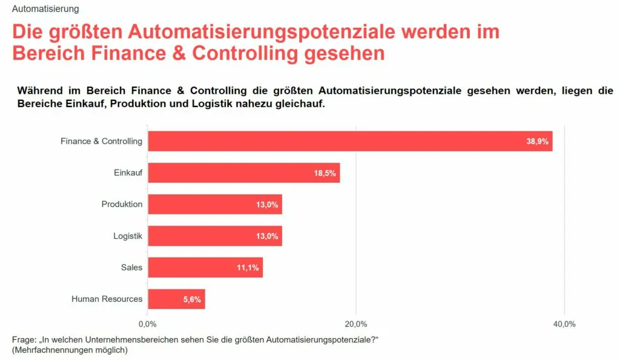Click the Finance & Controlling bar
click(x=350, y=141)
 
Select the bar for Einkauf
click(x=243, y=172)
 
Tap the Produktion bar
click(x=215, y=205)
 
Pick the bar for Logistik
click(x=215, y=236)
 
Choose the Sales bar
click(x=205, y=267)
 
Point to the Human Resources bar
click(x=176, y=299)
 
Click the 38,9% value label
click(x=538, y=142)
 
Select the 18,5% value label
click(x=325, y=173)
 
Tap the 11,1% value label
click(x=248, y=267)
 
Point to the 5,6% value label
click(x=191, y=299)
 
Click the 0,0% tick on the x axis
click(x=148, y=324)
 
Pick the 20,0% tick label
click(x=356, y=324)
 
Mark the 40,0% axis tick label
click(x=564, y=324)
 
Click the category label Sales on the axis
click(x=131, y=267)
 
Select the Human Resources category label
click(x=107, y=299)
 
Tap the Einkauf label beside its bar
click(x=128, y=173)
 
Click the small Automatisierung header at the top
click(x=45, y=9)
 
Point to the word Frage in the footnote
click(x=24, y=339)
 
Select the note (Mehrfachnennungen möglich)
click(x=70, y=350)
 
